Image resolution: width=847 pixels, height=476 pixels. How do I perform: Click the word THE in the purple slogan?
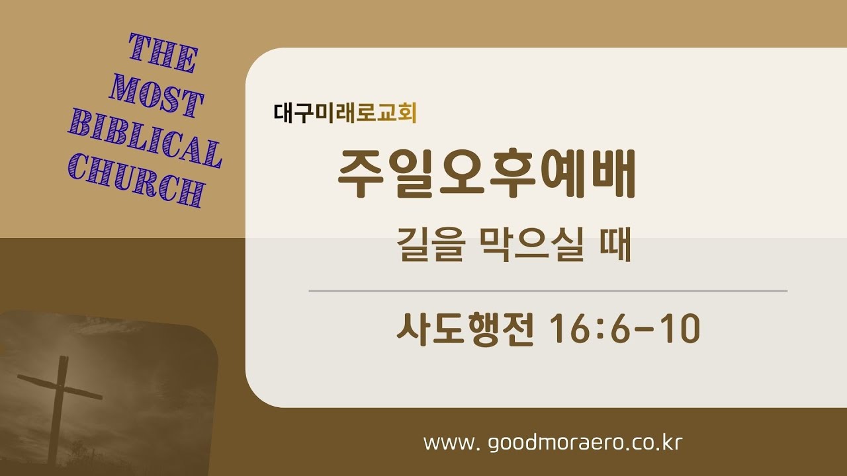coord(163,55)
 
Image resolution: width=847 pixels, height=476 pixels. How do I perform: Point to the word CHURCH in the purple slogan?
coord(136,180)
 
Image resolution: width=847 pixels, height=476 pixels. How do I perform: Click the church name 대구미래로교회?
coord(345,113)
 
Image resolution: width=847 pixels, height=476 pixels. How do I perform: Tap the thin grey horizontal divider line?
coord(548,291)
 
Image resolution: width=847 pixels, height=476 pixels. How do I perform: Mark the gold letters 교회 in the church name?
coord(400,113)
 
